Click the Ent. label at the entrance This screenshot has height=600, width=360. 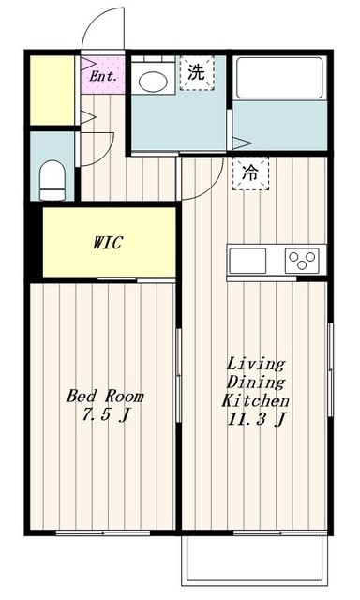coord(103,76)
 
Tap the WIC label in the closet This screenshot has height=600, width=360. coord(108,243)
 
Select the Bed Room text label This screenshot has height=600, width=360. coord(105,396)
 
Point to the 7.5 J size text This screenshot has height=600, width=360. coord(105,414)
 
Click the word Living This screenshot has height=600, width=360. coord(256,365)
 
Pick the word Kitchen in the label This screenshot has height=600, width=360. coord(255,400)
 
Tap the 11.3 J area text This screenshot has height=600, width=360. coord(256,419)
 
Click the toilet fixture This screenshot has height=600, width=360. coord(52,180)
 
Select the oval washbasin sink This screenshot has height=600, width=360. coord(153,82)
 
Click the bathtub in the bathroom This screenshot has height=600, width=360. coord(279,78)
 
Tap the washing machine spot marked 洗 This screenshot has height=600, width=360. coord(197,73)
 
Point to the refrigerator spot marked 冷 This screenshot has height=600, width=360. coord(250,173)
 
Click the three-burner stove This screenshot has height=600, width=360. coord(302,261)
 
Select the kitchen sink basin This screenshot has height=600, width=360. coord(247,261)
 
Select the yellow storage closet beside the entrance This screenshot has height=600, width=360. coord(52,90)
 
